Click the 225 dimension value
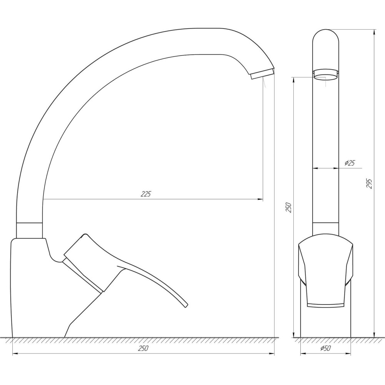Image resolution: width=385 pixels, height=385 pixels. click(x=146, y=194)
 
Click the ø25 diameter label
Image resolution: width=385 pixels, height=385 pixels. click(x=350, y=163)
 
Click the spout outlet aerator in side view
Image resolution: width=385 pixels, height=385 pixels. click(x=262, y=73)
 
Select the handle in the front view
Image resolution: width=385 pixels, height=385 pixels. click(x=325, y=271)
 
